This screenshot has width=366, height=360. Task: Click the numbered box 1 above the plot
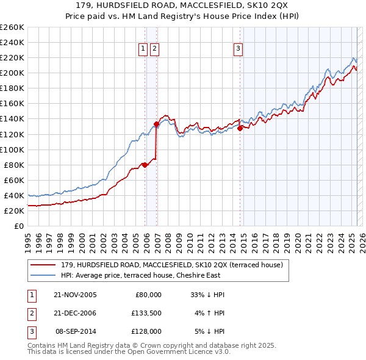click(x=143, y=50)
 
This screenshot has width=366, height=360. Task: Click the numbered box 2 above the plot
click(x=154, y=50)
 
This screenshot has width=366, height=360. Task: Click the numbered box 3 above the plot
click(x=238, y=50)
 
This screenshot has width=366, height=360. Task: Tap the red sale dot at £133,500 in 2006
click(x=156, y=124)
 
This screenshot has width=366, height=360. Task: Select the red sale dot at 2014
click(x=240, y=128)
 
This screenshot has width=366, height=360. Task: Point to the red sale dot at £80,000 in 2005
click(x=145, y=165)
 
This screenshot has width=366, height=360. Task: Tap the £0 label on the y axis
click(x=18, y=226)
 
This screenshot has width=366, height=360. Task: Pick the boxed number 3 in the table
click(x=30, y=331)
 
